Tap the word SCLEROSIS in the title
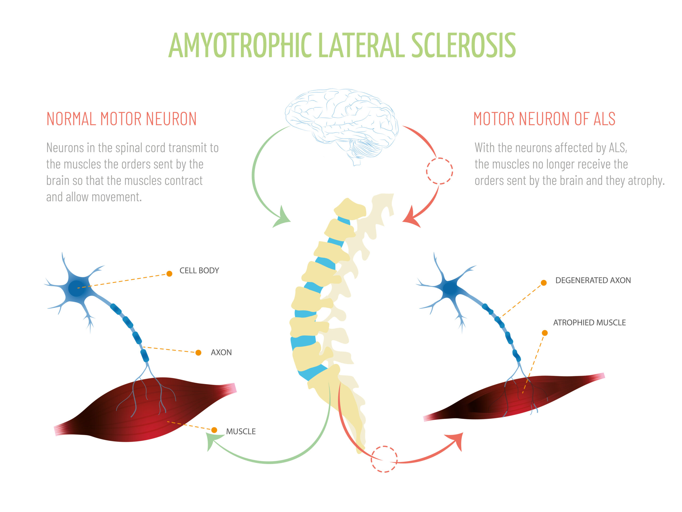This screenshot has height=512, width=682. coord(463,45)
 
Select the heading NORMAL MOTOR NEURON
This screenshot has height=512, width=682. coord(121,119)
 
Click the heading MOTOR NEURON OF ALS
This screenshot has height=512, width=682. coord(544,119)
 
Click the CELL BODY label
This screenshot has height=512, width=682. coord(199,271)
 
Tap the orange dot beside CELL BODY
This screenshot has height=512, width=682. coord(169,274)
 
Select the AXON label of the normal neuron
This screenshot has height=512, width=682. coord(221,353)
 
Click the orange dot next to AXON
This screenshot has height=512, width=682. coord(198,353)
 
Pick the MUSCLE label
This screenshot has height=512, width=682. coord(241,431)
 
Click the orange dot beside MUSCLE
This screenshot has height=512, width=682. coord(214,430)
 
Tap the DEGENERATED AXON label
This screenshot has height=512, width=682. coord(593,281)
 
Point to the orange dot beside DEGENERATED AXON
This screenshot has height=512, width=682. coord(544,283)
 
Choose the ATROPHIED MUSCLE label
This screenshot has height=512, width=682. coord(589,323)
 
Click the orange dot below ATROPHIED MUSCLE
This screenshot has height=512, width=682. coord(545,333)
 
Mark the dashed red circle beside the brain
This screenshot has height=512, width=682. coord(439,171)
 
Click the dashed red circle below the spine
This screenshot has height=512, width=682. coord(384,459)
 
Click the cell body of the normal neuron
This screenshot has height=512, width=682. coord(76,288)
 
